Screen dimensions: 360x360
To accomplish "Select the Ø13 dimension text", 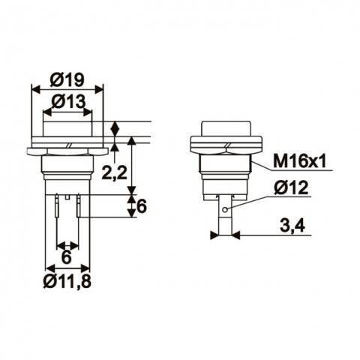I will pos(67,100).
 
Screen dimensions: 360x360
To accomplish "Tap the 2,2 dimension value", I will pos(113,173).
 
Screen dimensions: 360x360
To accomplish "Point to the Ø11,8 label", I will pos(67,281).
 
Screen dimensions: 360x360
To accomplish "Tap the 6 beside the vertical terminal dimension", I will pos(140,208).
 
